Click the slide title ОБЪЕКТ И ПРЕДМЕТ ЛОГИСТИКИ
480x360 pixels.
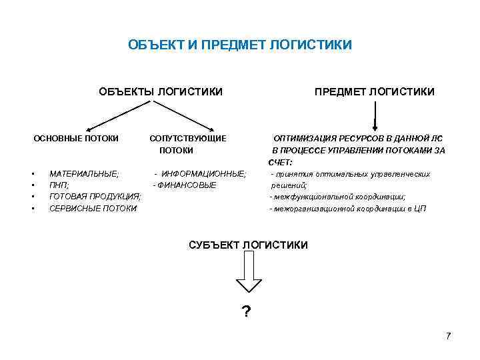point(240,46)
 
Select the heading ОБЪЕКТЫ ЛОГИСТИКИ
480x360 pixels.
point(161,91)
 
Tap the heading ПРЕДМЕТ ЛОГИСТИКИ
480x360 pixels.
point(375,91)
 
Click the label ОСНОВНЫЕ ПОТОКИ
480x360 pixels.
point(77,139)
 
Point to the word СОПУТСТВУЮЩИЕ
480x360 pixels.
point(188,139)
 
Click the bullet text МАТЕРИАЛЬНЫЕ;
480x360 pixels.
point(85,173)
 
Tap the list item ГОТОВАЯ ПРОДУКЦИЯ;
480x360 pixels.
point(95,197)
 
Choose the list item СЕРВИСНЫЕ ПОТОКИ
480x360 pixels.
point(93,209)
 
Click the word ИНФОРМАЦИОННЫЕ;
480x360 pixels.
point(203,173)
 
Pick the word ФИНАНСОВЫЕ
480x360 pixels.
point(187,185)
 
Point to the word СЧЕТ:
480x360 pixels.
point(281,162)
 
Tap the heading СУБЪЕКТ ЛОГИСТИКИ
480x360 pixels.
point(249,245)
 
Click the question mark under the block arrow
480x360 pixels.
point(246,311)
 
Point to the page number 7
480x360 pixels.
point(449,335)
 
